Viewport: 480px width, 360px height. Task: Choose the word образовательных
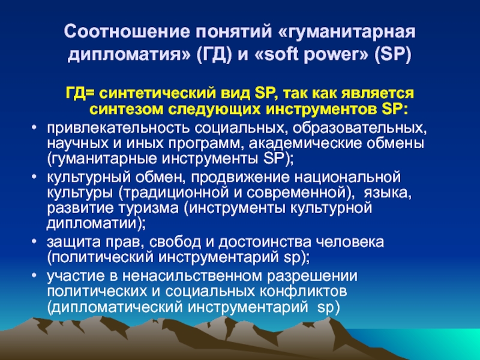(359, 128)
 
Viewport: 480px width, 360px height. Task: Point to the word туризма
(149, 208)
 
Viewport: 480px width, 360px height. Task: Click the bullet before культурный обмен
(34, 176)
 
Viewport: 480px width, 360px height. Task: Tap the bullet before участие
(34, 275)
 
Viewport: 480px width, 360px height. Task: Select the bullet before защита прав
(34, 241)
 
